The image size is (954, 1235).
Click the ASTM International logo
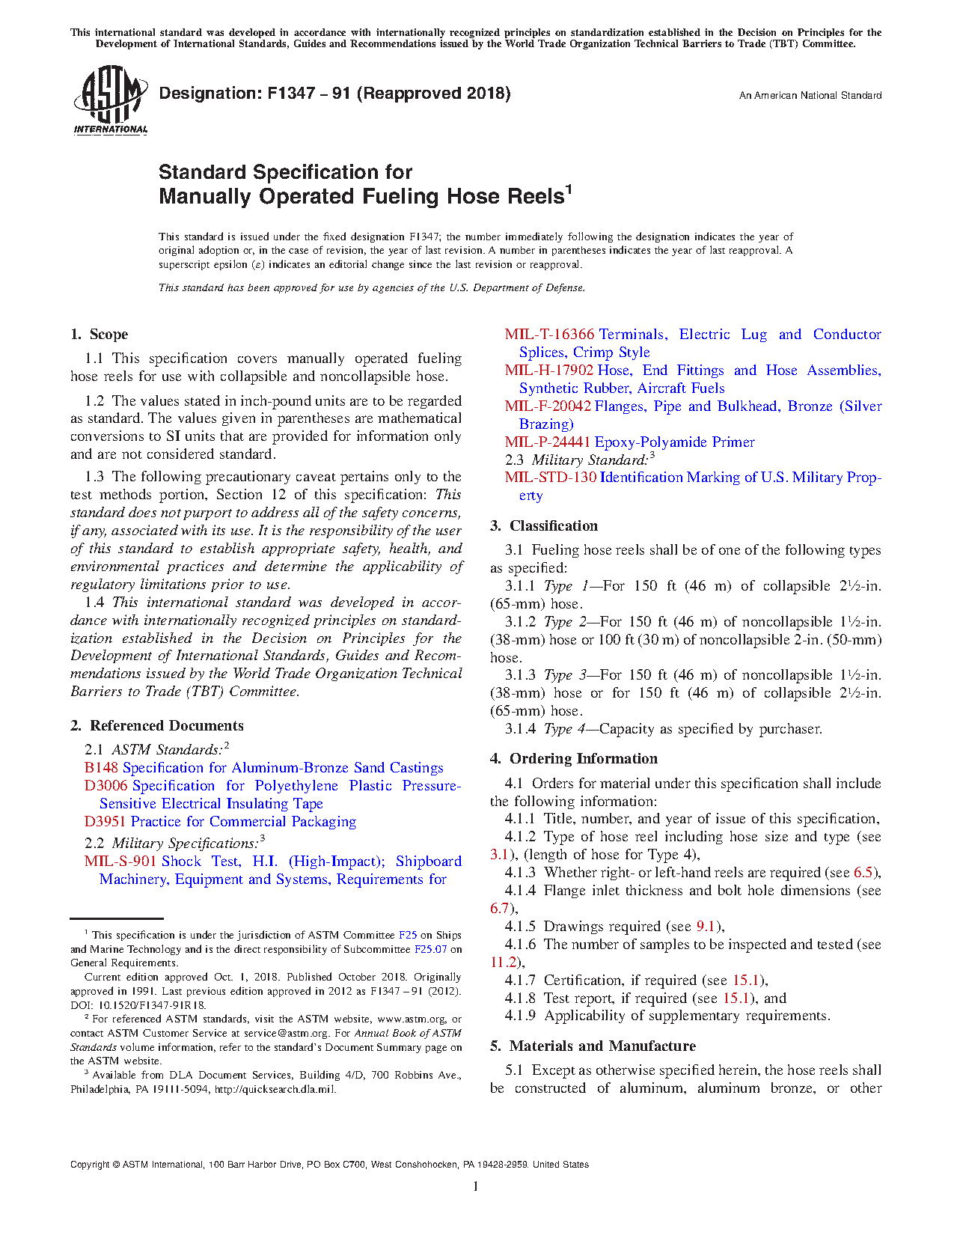[110, 100]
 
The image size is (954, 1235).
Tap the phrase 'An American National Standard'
[810, 96]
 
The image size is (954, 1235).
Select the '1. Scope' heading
[99, 335]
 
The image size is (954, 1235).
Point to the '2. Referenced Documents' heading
[156, 725]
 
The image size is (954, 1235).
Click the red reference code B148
[101, 768]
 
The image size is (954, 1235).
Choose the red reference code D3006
[106, 786]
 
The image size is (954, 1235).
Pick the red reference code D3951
[105, 822]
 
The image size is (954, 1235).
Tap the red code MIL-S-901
[120, 862]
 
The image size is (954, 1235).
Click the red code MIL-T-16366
[549, 335]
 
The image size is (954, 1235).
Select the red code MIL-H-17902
[548, 370]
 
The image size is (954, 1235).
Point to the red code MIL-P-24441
[547, 442]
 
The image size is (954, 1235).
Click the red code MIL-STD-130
[550, 478]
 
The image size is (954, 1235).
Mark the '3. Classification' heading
[543, 526]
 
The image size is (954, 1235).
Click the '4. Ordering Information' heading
[573, 759]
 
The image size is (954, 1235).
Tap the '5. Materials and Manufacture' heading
[593, 1046]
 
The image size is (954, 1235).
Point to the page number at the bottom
[476, 1186]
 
